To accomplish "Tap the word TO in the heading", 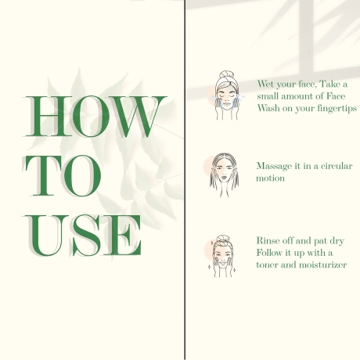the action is tap(63, 176).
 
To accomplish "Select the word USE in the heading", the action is tap(84, 236).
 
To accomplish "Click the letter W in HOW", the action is tap(138, 117).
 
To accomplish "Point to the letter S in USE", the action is tap(87, 236).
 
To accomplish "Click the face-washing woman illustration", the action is tap(226, 95).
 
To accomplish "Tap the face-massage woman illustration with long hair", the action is tap(222, 175).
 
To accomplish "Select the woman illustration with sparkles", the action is tap(221, 256).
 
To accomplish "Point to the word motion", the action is tap(270, 178).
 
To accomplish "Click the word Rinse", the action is tap(268, 240).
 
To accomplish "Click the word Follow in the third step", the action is tap(268, 253).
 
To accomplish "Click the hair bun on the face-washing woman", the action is tap(226, 74).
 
